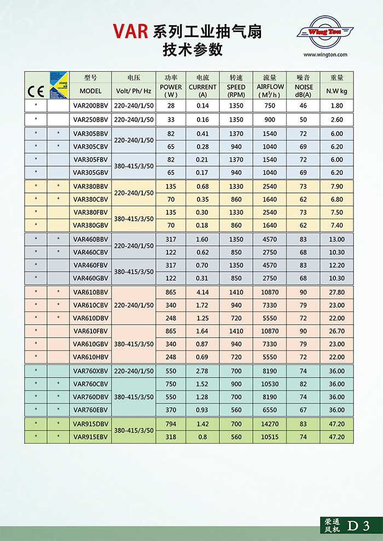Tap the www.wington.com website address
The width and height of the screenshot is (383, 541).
click(x=325, y=55)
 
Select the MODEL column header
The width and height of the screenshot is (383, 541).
click(x=91, y=91)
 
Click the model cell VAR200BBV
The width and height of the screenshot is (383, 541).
click(x=91, y=105)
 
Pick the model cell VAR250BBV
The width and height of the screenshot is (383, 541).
click(x=91, y=120)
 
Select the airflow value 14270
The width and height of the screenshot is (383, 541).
click(x=270, y=424)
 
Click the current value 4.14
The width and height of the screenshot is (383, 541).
click(x=203, y=292)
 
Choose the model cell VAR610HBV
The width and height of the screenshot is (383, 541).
click(x=91, y=357)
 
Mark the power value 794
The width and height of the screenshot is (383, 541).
click(x=171, y=424)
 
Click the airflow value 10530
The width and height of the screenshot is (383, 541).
click(x=270, y=384)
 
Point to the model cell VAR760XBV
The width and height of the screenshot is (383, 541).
click(x=91, y=371)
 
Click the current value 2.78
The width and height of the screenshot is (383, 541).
click(x=203, y=371)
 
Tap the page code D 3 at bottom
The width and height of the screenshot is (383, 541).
click(x=358, y=526)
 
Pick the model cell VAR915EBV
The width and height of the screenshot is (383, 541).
click(x=91, y=437)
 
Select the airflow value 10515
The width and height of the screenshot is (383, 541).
click(x=270, y=437)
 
